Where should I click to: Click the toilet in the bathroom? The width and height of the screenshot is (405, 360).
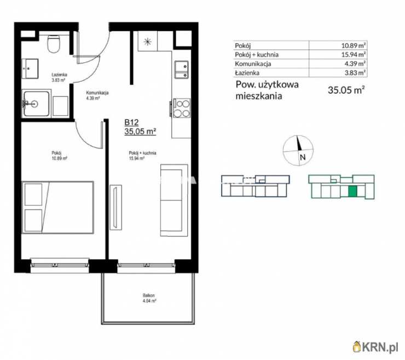point(54,43)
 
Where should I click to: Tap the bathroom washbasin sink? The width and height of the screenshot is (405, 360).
point(30,68)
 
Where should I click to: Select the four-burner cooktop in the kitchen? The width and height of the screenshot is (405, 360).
point(181,108)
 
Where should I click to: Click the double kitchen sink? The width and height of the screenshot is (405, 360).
point(182,70)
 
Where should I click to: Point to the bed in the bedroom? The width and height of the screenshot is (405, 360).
point(58,208)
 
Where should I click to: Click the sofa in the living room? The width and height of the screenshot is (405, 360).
point(174,200)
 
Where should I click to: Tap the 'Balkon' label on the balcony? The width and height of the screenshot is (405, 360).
point(149,295)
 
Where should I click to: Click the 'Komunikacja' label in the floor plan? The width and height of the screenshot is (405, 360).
point(97,93)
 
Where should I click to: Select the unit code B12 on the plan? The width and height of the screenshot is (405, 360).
point(131,122)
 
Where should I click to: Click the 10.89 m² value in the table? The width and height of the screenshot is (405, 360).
point(353,46)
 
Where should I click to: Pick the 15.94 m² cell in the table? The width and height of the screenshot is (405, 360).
point(353,55)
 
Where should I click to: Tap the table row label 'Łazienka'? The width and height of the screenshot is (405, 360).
point(247,73)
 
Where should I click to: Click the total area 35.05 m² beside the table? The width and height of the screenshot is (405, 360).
point(346,90)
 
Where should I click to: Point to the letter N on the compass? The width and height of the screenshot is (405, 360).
point(303,157)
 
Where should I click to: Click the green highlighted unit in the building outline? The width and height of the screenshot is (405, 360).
point(352,191)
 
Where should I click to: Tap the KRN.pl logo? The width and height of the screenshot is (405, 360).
point(375,346)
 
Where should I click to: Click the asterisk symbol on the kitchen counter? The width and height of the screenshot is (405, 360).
point(147,42)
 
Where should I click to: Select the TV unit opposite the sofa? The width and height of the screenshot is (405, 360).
point(115,207)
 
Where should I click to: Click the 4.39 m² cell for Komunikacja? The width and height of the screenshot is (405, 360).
point(355,64)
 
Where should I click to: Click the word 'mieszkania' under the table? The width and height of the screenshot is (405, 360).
point(259,96)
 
